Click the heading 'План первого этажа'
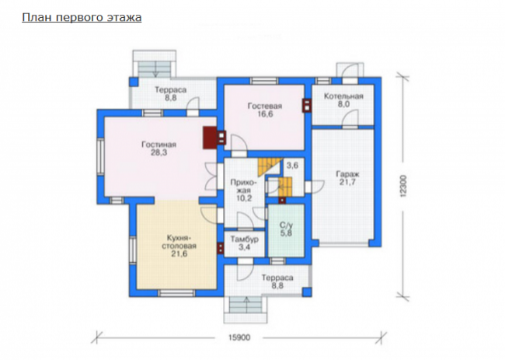(x=82, y=17)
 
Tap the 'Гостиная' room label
(x=158, y=145)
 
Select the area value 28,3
(x=158, y=152)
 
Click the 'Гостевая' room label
(x=265, y=106)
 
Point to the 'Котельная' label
(x=343, y=96)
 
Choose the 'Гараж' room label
(x=347, y=174)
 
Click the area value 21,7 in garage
(x=347, y=182)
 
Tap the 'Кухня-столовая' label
(x=179, y=242)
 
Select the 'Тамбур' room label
(x=245, y=239)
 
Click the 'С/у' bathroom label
(x=286, y=225)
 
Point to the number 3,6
(x=292, y=166)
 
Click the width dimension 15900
(x=239, y=337)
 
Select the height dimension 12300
(x=404, y=186)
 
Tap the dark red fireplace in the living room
(x=210, y=138)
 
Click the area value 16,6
(x=265, y=114)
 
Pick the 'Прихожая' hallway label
(x=244, y=187)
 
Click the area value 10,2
(x=244, y=198)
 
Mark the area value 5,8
(x=286, y=232)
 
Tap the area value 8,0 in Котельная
(x=343, y=104)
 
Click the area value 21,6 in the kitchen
(x=179, y=253)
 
